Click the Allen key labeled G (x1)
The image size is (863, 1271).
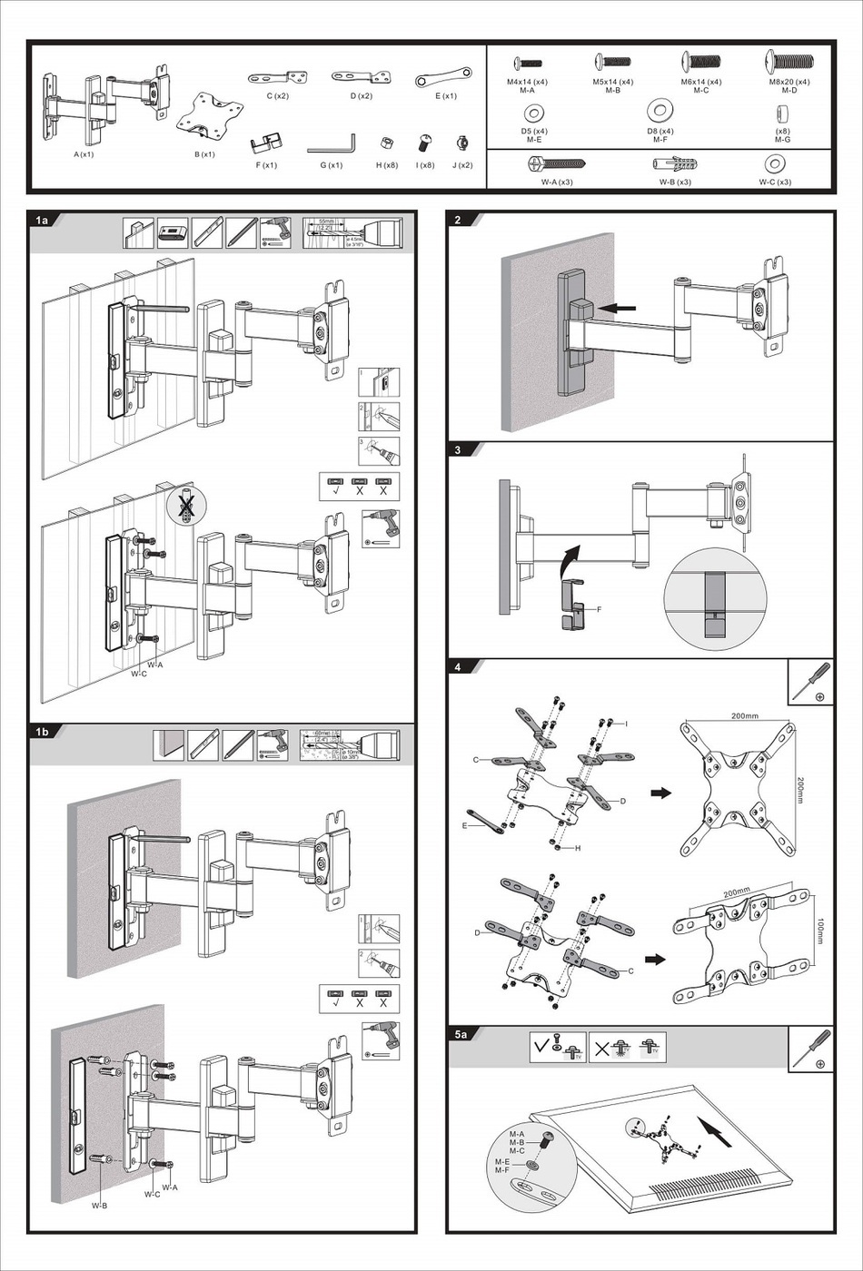point(331,143)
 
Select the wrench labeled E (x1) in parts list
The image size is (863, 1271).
point(443,77)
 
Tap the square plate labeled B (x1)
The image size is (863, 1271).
point(210,117)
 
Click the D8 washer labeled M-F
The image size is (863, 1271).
point(660,112)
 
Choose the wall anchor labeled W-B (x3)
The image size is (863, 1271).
point(675,164)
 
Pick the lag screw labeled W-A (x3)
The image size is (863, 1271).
point(556,163)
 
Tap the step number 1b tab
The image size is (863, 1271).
point(43,731)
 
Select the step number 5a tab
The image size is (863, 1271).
point(461,1034)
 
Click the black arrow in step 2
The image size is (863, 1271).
point(618,309)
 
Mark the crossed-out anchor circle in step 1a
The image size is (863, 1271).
point(186,507)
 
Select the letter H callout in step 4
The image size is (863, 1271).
point(579,848)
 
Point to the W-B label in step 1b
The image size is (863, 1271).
point(99,1206)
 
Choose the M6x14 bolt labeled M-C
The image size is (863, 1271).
point(701,63)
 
